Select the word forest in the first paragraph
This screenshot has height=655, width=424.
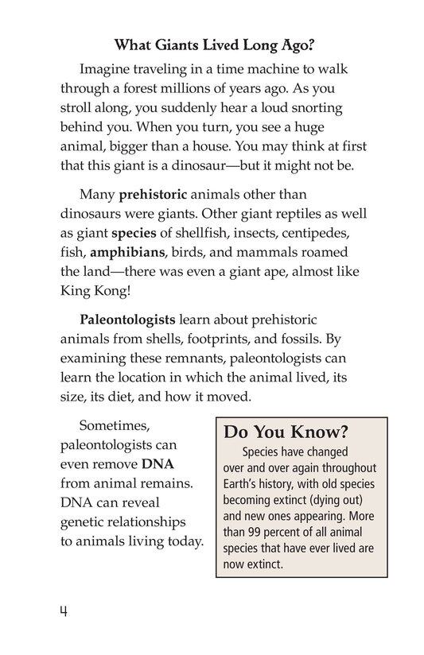[x=156, y=91]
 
